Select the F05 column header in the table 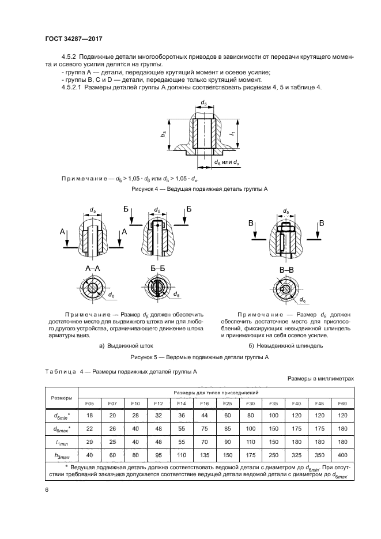click(89, 403)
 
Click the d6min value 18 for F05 click(89, 415)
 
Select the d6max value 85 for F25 click(227, 428)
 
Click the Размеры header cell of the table click(62, 397)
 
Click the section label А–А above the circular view click(93, 269)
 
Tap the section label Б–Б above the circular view click(157, 269)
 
